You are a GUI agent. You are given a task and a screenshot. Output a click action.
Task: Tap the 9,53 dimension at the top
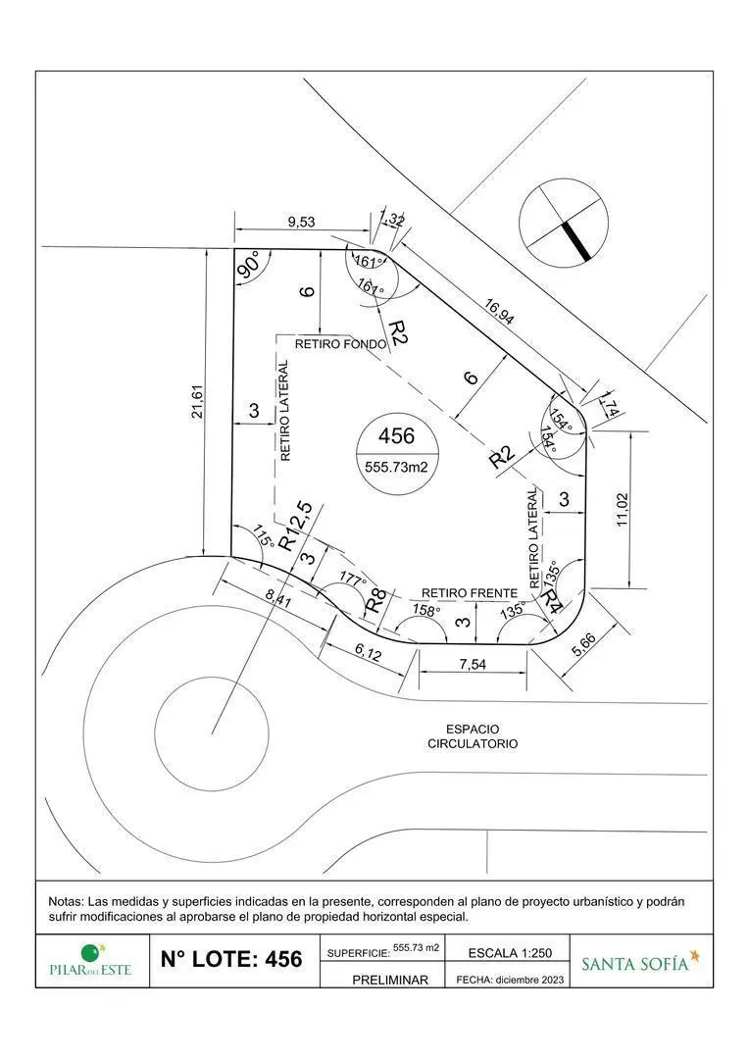301,222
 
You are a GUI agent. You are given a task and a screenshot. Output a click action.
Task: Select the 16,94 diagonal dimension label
499,312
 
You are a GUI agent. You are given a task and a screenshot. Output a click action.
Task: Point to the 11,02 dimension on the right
622,510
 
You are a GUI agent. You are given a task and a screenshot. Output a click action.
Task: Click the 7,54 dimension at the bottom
473,665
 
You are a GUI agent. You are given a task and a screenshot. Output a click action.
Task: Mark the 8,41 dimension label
278,598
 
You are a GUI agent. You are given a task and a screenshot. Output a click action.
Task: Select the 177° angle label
353,580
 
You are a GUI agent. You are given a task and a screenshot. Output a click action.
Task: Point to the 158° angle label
426,610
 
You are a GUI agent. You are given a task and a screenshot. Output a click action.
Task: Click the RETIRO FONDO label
341,344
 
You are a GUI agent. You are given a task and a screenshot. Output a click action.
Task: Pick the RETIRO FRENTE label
470,593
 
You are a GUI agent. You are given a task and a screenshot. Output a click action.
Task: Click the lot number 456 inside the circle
396,435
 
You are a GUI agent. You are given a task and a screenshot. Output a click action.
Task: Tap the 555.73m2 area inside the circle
396,466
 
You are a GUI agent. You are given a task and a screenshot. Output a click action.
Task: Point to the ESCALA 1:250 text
510,953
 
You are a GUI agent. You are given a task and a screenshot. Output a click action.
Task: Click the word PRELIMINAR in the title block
390,980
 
